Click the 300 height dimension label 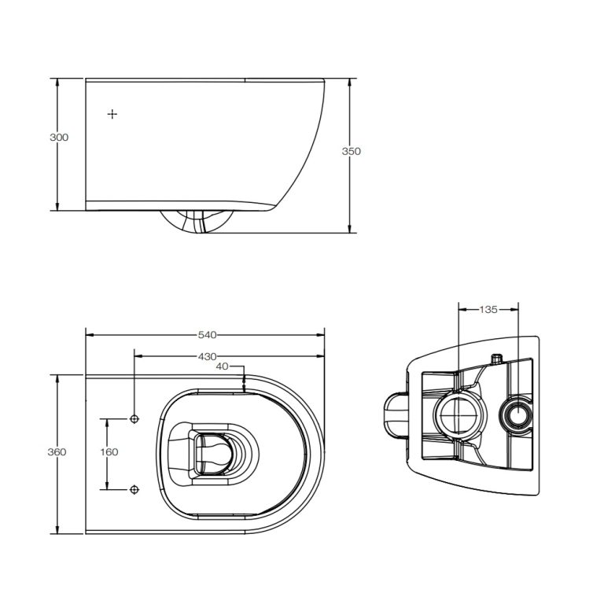pyautogui.click(x=59, y=137)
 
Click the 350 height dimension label pyautogui.click(x=352, y=151)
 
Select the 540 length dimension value pyautogui.click(x=208, y=335)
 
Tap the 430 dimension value pyautogui.click(x=208, y=357)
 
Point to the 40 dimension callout pyautogui.click(x=222, y=366)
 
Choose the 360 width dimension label pyautogui.click(x=57, y=452)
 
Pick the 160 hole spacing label pyautogui.click(x=109, y=452)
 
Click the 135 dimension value pyautogui.click(x=488, y=309)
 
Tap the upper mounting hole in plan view pyautogui.click(x=134, y=419)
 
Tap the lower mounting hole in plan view pyautogui.click(x=134, y=490)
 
